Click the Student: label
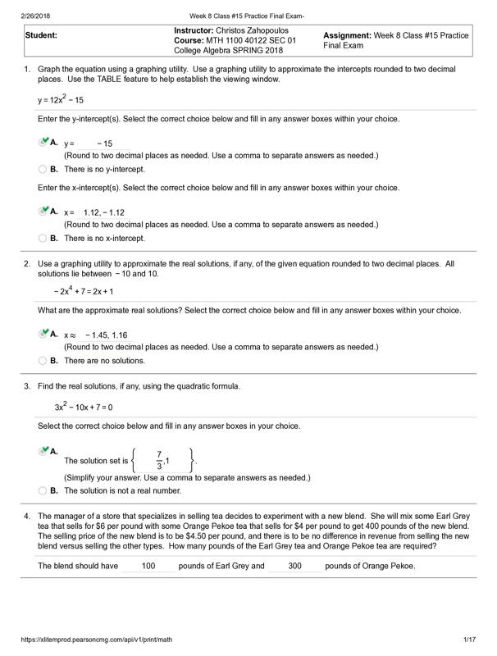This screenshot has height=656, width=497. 41,36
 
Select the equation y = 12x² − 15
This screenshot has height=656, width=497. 61,100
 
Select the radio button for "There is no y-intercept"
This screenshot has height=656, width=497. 43,170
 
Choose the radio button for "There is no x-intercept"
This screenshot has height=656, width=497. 43,239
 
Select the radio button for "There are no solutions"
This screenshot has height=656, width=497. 43,361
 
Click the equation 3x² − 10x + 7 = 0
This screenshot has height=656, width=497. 84,407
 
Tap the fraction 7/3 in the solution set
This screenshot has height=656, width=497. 159,460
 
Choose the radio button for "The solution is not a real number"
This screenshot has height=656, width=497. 43,491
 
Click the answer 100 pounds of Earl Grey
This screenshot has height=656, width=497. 148,566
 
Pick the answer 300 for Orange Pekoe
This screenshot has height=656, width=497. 295,566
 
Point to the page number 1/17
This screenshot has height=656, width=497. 470,639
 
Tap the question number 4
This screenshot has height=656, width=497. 27,516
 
